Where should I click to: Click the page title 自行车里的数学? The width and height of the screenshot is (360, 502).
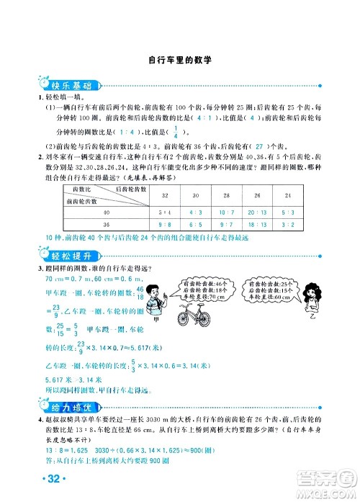(x=179, y=61)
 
